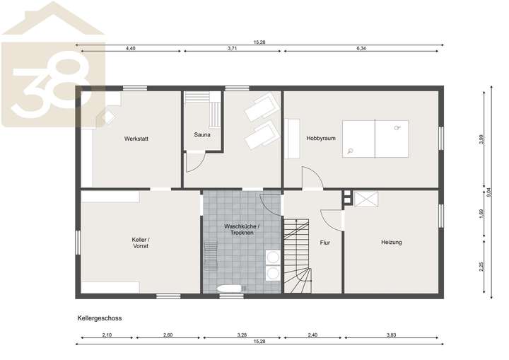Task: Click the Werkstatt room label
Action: pyautogui.click(x=135, y=138)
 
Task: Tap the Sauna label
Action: pyautogui.click(x=202, y=134)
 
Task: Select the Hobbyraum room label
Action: pyautogui.click(x=320, y=138)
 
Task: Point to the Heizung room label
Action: pyautogui.click(x=391, y=243)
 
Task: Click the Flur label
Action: pyautogui.click(x=324, y=243)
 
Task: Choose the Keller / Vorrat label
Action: pyautogui.click(x=140, y=244)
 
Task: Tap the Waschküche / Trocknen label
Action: pyautogui.click(x=242, y=230)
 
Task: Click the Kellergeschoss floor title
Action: pyautogui.click(x=100, y=318)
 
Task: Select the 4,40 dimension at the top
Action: pyautogui.click(x=131, y=48)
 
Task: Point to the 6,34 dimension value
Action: pyautogui.click(x=361, y=48)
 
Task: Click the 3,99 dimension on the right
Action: pyautogui.click(x=481, y=139)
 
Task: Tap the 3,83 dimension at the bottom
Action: pyautogui.click(x=391, y=334)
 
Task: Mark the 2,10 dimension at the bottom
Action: pyautogui.click(x=107, y=334)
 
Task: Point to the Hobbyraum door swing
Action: pyautogui.click(x=312, y=178)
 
